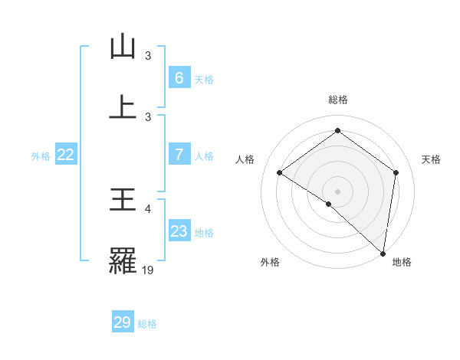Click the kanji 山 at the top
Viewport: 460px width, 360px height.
click(x=123, y=47)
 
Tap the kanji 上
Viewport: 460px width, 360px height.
click(x=123, y=106)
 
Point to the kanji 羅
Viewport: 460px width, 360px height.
click(x=123, y=260)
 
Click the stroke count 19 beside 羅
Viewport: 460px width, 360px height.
click(x=148, y=270)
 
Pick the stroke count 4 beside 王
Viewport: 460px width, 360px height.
click(x=149, y=208)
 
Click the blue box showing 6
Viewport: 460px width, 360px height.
click(x=179, y=78)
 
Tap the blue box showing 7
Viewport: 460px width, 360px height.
click(x=179, y=155)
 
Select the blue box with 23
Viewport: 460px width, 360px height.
click(x=179, y=231)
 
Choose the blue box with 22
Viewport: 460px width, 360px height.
click(x=66, y=155)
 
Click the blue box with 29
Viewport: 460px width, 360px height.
click(x=123, y=322)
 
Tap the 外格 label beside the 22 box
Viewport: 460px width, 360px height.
click(x=41, y=155)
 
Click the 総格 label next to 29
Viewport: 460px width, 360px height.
click(x=147, y=323)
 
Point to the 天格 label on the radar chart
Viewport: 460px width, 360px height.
click(x=432, y=159)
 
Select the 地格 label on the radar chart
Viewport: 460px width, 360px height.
click(x=402, y=263)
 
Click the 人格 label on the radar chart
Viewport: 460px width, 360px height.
click(x=245, y=159)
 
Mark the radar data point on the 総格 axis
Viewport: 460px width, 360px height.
click(x=337, y=131)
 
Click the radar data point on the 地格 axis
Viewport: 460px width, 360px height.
click(x=383, y=253)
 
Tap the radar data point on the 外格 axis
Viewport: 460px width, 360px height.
click(x=329, y=204)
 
